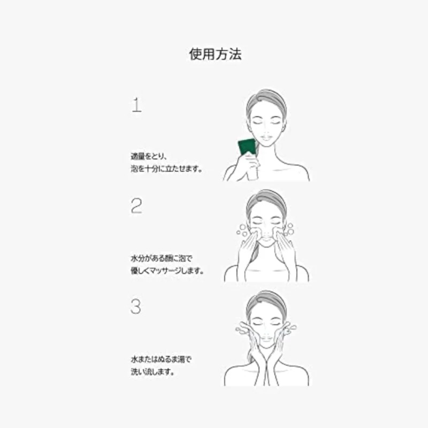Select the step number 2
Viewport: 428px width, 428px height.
coord(137,207)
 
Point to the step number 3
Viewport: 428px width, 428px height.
coord(137,308)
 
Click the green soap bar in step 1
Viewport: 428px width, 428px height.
coord(247,147)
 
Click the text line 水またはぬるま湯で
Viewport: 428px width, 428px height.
coord(162,360)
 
